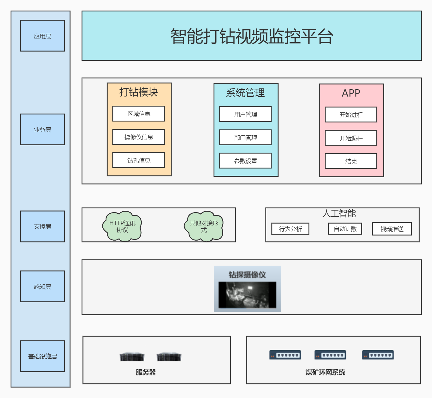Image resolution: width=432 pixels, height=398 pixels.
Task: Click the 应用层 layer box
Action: (x=42, y=36)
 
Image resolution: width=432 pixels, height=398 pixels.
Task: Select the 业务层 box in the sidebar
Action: (x=42, y=129)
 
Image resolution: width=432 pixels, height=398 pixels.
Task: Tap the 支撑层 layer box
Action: (x=42, y=226)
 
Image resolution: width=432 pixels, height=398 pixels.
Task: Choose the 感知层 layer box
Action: (x=42, y=286)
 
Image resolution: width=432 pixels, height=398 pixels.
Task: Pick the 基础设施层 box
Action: (x=42, y=356)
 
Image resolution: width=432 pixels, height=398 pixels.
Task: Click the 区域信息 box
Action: (x=138, y=114)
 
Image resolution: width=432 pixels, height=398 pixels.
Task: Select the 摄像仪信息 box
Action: (x=138, y=137)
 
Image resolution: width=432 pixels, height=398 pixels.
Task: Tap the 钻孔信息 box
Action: (x=138, y=160)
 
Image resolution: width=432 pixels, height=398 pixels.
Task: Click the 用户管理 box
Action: (x=245, y=114)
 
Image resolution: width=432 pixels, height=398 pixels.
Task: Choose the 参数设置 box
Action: (x=245, y=161)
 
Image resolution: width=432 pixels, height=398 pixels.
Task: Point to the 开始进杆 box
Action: (x=351, y=114)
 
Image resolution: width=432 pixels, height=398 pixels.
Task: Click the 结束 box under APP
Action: (x=351, y=161)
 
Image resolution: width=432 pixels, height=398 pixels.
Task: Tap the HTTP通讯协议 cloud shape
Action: (x=122, y=226)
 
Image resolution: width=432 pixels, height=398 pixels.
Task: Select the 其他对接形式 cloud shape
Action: (x=204, y=226)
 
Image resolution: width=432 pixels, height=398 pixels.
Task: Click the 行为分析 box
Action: (x=290, y=229)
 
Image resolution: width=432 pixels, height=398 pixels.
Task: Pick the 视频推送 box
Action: (x=392, y=229)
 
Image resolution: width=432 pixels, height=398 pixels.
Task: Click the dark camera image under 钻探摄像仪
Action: (x=247, y=295)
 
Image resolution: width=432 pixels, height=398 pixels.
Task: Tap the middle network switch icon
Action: (x=330, y=355)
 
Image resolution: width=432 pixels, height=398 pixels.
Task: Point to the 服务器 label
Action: (x=145, y=372)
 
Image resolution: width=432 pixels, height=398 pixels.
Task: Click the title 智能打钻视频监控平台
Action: (x=251, y=36)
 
